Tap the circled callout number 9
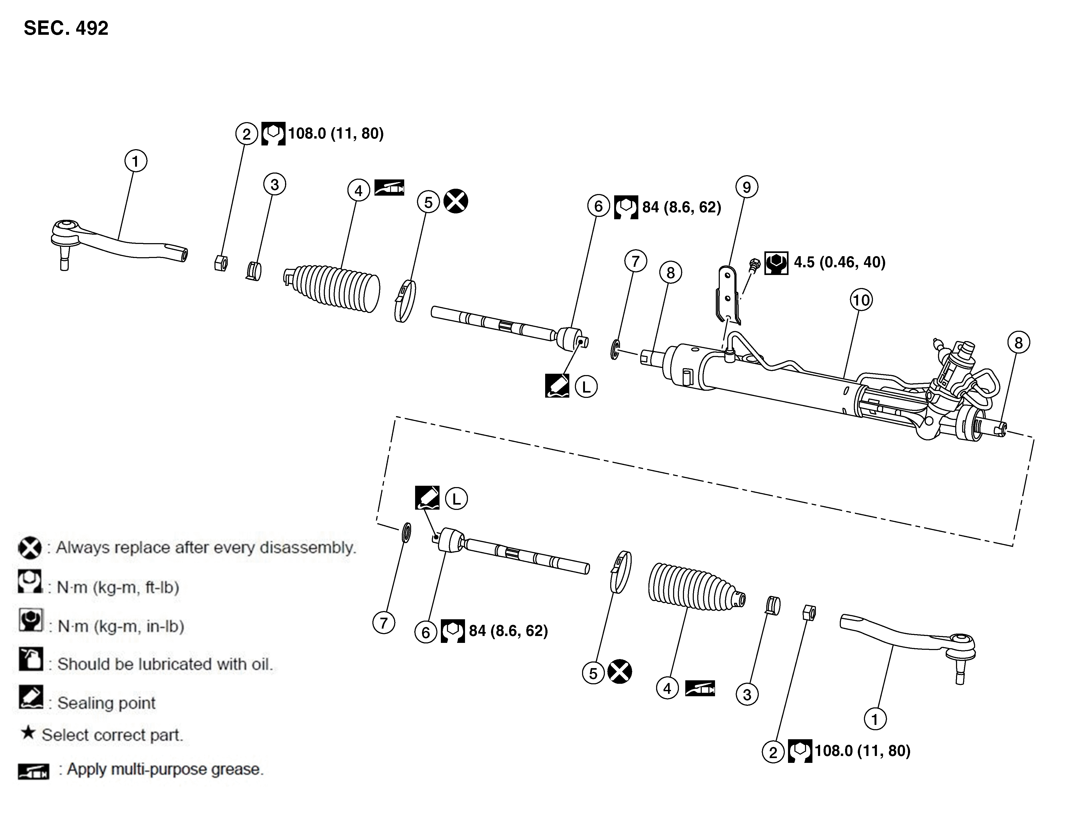747,187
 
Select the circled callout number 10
861,300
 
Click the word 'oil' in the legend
260,664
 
